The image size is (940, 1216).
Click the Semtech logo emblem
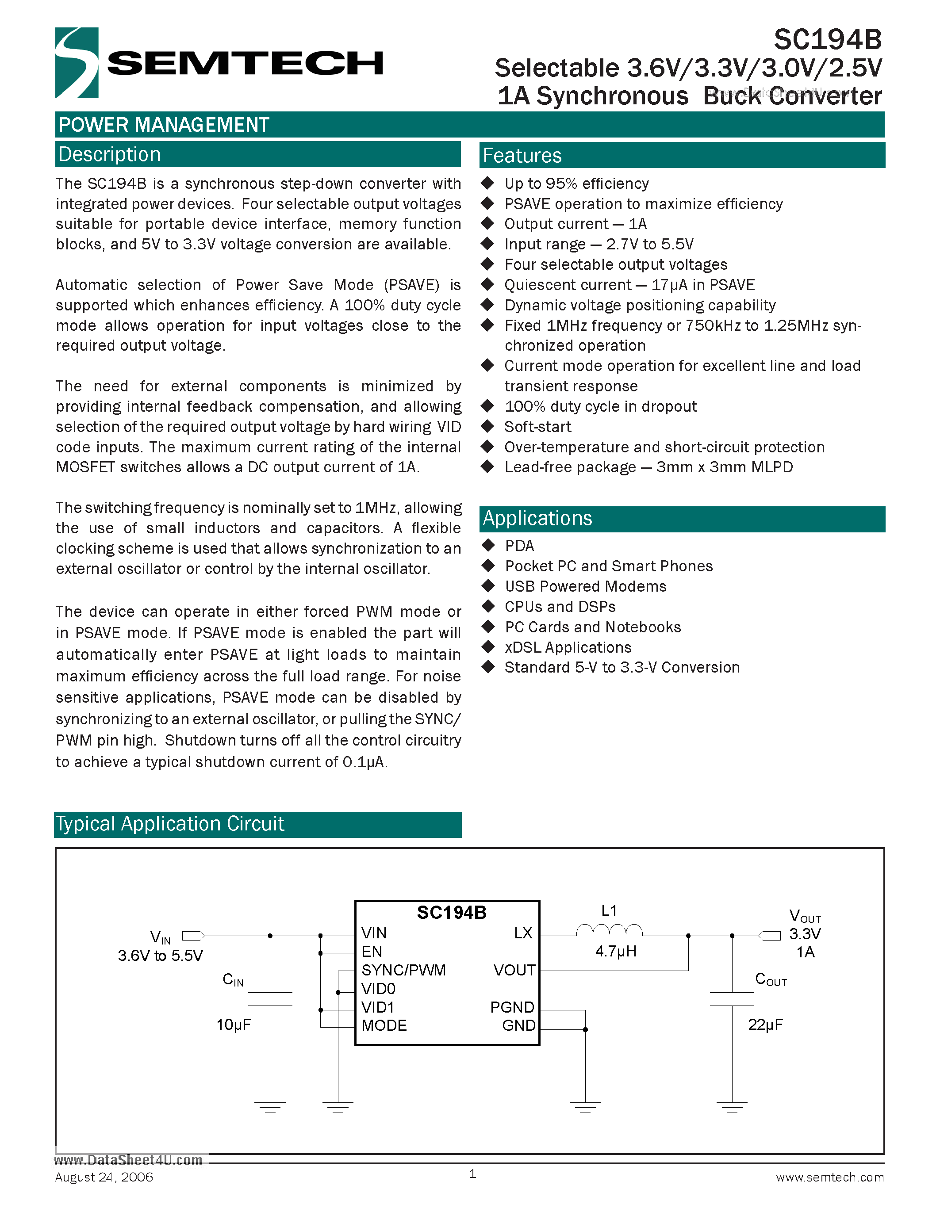[x=77, y=62]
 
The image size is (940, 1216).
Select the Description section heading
[x=110, y=154]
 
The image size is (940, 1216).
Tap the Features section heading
[x=522, y=155]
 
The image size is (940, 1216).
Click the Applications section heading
[x=537, y=518]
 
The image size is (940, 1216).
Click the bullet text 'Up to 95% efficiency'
[x=576, y=184]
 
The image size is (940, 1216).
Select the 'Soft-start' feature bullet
[x=537, y=427]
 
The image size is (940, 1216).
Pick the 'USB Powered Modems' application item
[x=585, y=586]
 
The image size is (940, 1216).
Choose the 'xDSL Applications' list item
[x=568, y=647]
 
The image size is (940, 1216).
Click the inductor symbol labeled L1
[x=609, y=930]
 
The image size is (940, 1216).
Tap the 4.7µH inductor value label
[x=615, y=951]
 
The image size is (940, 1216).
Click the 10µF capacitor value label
[x=233, y=1025]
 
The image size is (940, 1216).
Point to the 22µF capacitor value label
[x=765, y=1025]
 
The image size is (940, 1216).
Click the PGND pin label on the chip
[x=512, y=1007]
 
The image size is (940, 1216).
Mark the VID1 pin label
[x=378, y=1007]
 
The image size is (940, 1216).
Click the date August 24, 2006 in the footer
[x=104, y=1177]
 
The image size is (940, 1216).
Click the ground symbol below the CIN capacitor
[x=270, y=1107]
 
